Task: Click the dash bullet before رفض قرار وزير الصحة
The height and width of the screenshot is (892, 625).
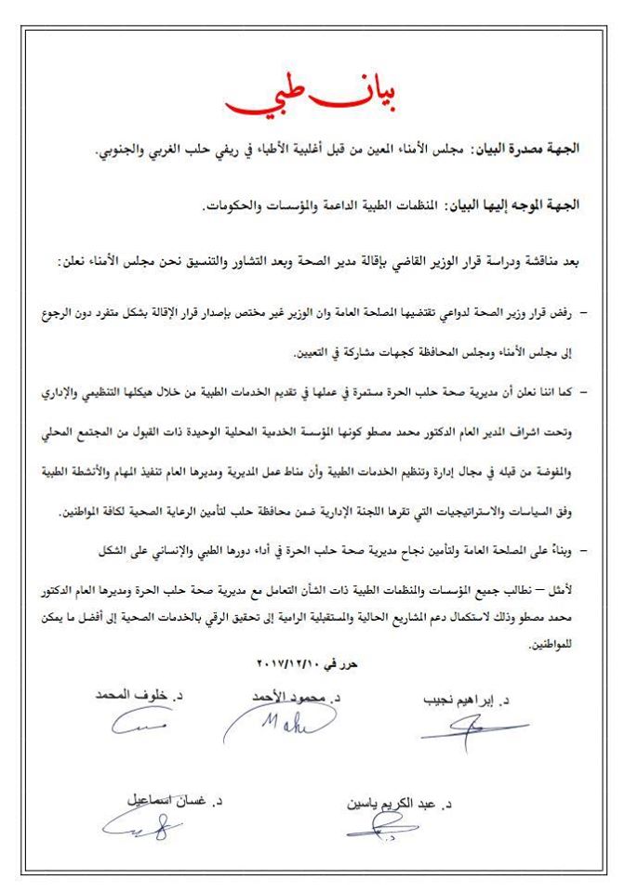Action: point(584,316)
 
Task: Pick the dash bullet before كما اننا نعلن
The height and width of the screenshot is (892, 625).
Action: point(584,394)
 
